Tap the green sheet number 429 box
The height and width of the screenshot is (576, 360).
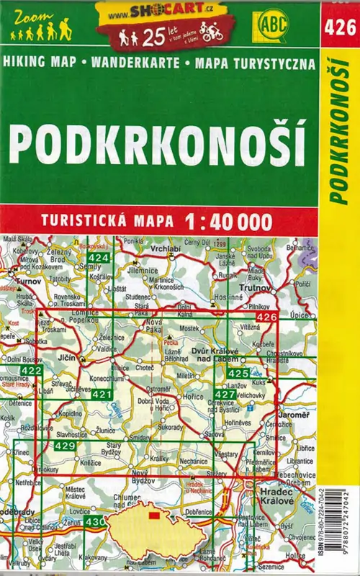(x=65, y=446)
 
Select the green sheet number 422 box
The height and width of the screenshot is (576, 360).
(x=31, y=370)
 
